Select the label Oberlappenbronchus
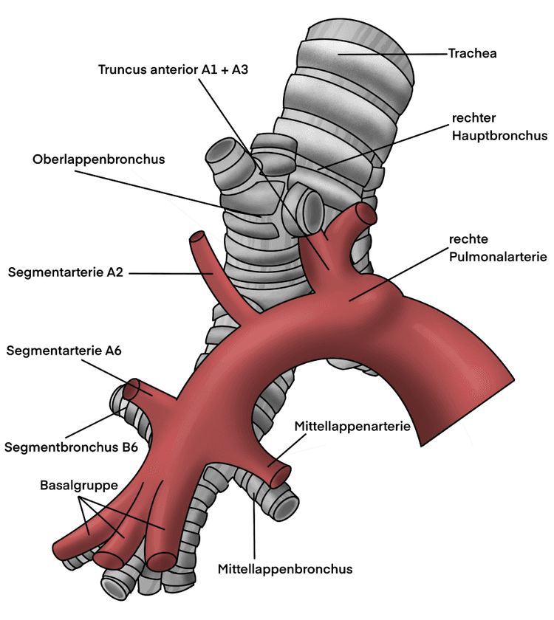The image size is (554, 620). tap(98, 159)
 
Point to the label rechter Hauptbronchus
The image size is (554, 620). tap(499, 127)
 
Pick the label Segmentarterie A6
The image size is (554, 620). tap(64, 351)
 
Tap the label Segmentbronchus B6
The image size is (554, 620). tap(71, 447)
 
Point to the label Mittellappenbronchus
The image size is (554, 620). tap(285, 569)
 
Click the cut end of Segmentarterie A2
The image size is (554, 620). tap(197, 239)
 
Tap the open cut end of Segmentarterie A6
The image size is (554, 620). tap(134, 389)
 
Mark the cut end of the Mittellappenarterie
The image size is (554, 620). tap(281, 476)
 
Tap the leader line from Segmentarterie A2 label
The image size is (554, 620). tap(170, 273)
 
